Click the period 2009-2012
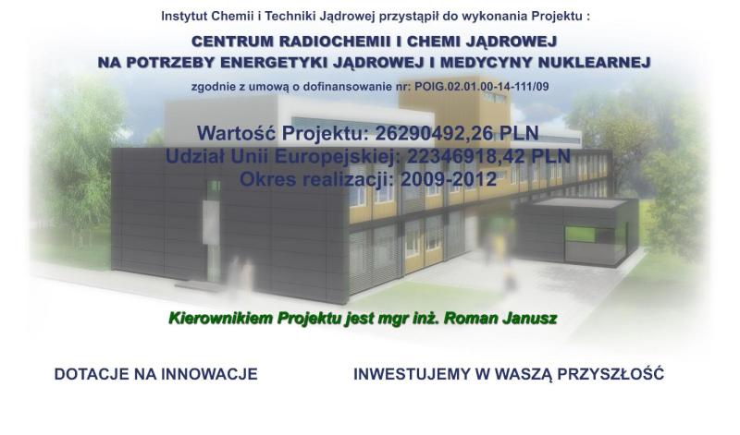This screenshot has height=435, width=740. (x=449, y=179)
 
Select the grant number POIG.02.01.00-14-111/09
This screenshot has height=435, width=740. (x=482, y=87)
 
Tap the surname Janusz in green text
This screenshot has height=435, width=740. (x=529, y=319)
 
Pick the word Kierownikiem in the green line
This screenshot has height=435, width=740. (x=221, y=319)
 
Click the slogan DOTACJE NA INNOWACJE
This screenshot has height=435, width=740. (x=155, y=374)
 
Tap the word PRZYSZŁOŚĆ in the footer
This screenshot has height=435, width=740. (x=610, y=374)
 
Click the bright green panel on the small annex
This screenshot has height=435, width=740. (x=580, y=235)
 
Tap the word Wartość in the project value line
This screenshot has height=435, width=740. (x=237, y=133)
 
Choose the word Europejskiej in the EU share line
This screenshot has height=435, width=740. (x=334, y=157)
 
